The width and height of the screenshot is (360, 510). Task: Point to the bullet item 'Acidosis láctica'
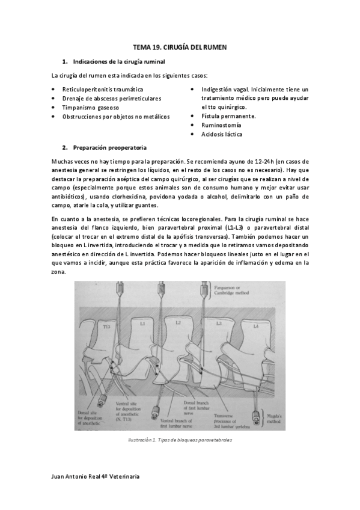tap(222, 134)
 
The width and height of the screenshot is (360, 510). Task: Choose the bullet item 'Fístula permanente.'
tap(228, 116)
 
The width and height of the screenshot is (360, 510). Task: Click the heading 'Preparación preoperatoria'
tap(109, 147)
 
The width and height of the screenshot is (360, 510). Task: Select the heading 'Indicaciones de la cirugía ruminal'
tap(118, 61)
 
